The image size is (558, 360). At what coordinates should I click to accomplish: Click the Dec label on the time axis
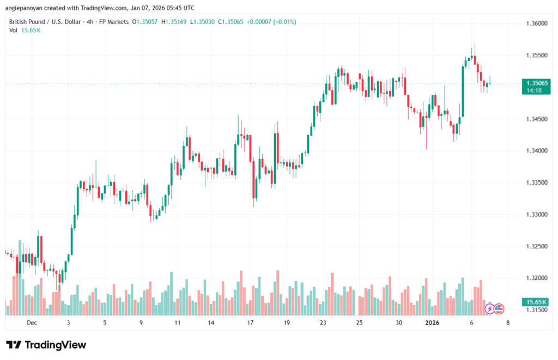click(x=32, y=322)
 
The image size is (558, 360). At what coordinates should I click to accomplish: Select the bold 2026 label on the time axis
click(x=432, y=322)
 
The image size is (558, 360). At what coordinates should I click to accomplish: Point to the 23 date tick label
click(x=323, y=322)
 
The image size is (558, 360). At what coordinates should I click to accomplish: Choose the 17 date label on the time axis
click(x=250, y=322)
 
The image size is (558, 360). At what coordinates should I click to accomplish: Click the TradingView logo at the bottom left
click(x=46, y=345)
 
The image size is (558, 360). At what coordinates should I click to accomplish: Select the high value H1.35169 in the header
click(x=174, y=22)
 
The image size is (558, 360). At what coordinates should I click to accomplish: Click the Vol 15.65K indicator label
click(x=25, y=30)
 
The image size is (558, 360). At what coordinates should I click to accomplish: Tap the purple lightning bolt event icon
click(x=489, y=309)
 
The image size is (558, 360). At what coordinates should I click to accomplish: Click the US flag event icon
click(x=498, y=309)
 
